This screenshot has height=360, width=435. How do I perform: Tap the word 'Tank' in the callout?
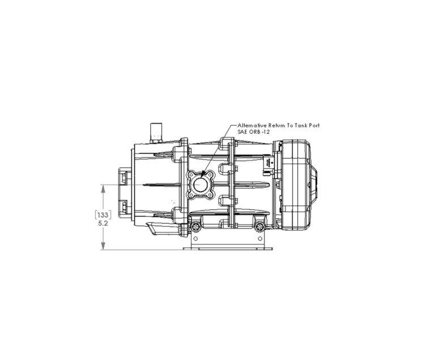coord(299,125)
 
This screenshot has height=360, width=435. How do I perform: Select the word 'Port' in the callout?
coord(313,125)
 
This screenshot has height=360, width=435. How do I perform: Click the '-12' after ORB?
coord(266,132)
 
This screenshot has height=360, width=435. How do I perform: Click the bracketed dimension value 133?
coord(103,215)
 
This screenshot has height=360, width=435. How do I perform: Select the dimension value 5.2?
coord(103,223)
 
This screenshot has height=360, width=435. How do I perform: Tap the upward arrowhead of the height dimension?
coord(103,189)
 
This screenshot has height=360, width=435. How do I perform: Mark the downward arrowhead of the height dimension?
coord(103,245)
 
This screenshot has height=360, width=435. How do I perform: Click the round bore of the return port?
coord(200,185)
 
